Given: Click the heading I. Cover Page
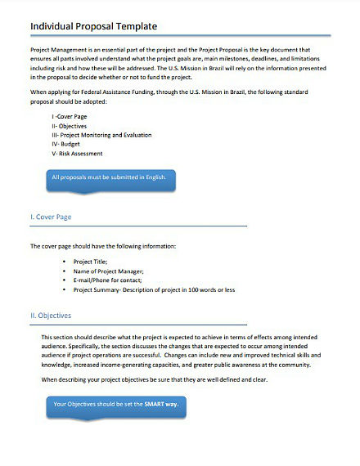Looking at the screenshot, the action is click(51, 217).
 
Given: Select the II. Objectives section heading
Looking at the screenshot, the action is click(51, 315).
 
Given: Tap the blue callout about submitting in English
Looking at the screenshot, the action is click(110, 177).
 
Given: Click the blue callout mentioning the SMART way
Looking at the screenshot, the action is click(115, 404).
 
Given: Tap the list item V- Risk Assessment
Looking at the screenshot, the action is click(76, 153).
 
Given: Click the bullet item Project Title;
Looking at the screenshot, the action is click(96, 262).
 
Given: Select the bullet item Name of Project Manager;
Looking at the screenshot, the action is click(109, 271).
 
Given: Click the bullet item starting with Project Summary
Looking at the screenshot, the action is click(154, 289).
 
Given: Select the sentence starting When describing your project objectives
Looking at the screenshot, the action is click(155, 380).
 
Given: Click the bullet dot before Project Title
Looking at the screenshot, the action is click(64, 262).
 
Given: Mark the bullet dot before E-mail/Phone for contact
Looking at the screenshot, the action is click(64, 280).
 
